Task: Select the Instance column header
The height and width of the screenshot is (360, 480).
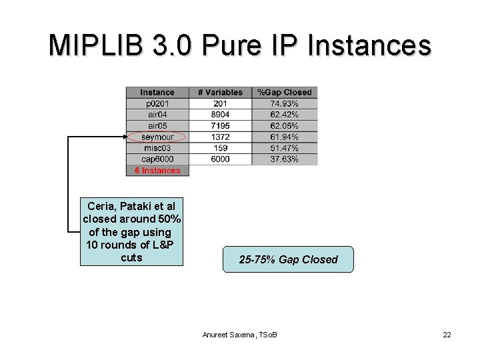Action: [x=157, y=92]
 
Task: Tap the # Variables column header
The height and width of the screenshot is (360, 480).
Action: [x=220, y=92]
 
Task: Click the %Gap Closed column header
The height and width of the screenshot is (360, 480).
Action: [x=285, y=92]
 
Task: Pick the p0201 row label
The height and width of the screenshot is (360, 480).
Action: [x=157, y=103]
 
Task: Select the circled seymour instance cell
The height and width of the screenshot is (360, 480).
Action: [x=157, y=137]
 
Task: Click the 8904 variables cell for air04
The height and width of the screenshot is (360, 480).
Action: [x=220, y=115]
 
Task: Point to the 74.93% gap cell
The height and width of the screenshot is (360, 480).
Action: [x=285, y=103]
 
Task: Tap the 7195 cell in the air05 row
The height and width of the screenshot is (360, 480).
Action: [x=220, y=125]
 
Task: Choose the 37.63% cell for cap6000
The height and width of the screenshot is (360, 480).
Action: [x=285, y=159]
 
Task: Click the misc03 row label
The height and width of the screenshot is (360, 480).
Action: [x=157, y=148]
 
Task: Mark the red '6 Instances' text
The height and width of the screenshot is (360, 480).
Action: [x=157, y=171]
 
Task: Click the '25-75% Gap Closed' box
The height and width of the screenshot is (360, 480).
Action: [x=288, y=259]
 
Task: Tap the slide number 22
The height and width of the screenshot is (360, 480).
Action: [x=447, y=334]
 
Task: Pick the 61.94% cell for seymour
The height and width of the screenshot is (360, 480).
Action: [x=285, y=137]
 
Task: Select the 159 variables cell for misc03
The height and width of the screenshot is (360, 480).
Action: [x=220, y=148]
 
